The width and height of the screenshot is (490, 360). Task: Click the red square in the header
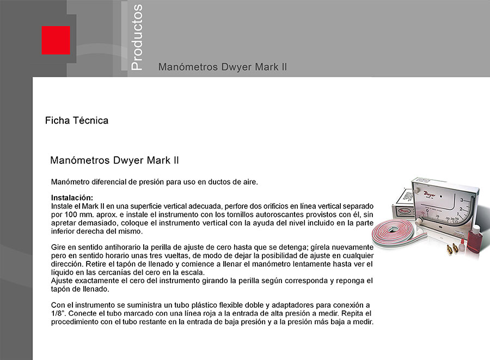[x=56, y=40]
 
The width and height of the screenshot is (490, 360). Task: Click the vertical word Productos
[x=137, y=37]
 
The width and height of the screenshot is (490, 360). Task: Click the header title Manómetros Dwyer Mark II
[x=222, y=67]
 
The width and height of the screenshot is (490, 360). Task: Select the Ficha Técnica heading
[x=76, y=120]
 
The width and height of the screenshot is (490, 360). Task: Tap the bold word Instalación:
[x=72, y=197]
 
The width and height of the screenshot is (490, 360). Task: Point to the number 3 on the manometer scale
[x=462, y=200]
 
